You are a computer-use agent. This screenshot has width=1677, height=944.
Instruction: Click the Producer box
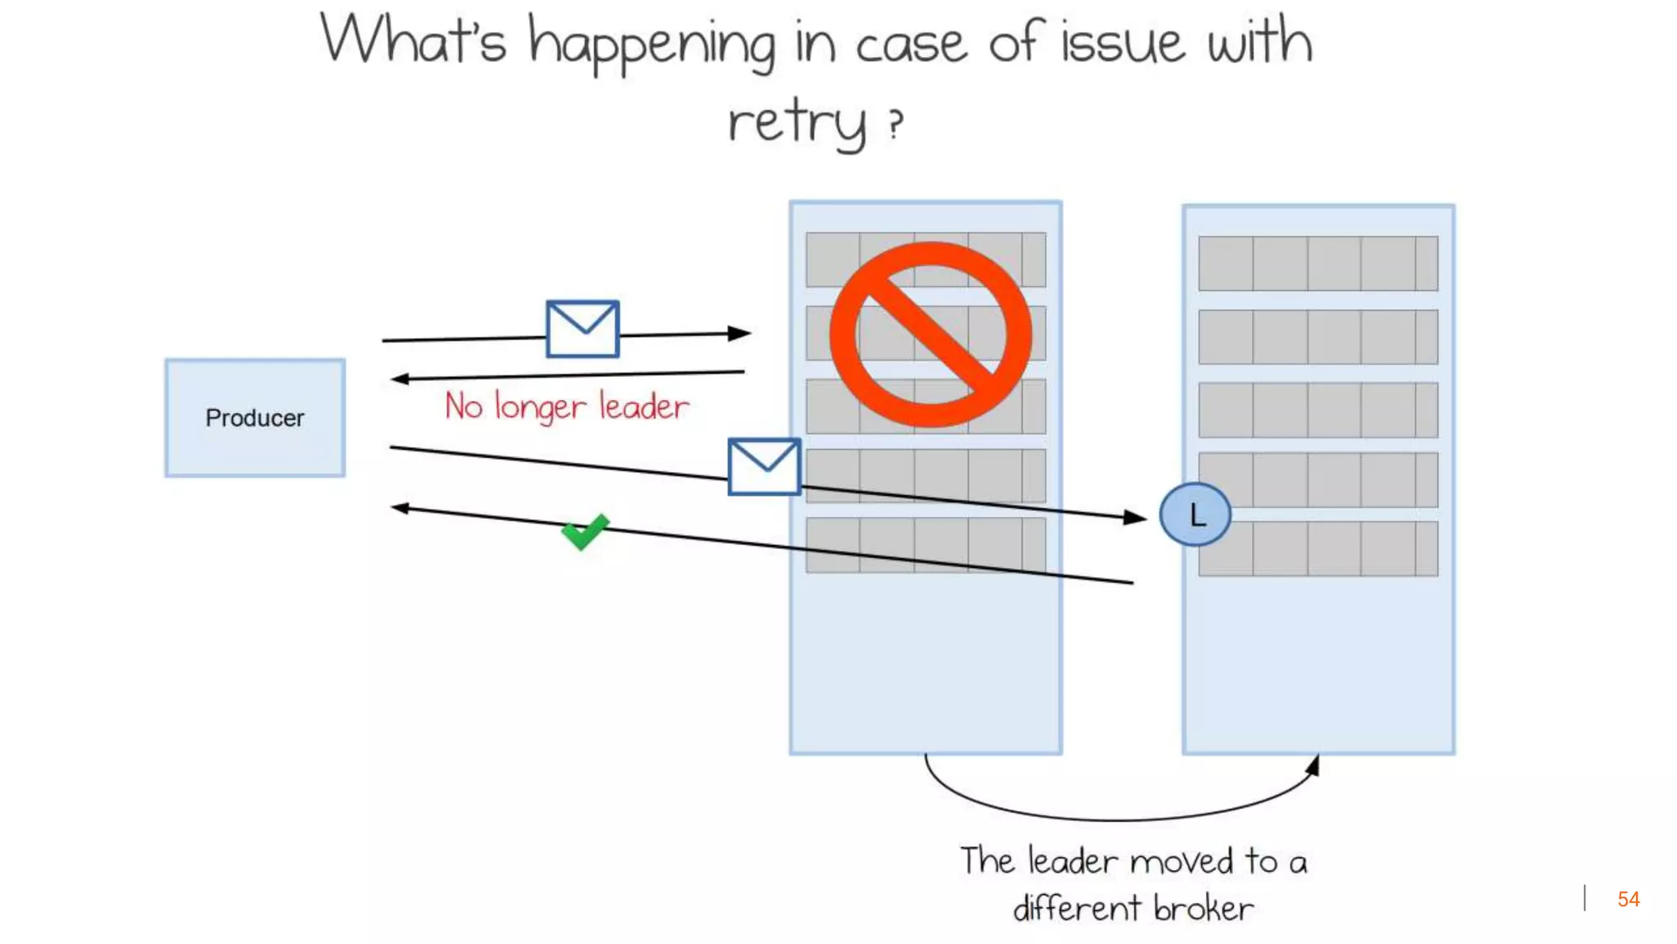point(255,418)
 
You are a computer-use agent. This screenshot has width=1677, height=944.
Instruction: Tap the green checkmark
point(585,532)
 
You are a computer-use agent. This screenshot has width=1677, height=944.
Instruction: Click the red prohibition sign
point(930,334)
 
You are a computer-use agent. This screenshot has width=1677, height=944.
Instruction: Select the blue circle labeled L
point(1195,515)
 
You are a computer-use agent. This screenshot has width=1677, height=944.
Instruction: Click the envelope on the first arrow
point(582,329)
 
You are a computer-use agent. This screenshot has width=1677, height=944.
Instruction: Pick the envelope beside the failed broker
point(764,466)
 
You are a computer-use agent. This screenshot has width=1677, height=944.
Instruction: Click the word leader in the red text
point(644,406)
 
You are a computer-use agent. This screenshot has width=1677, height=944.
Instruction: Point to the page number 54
point(1628,899)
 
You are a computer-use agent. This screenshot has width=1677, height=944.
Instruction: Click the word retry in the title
point(796,123)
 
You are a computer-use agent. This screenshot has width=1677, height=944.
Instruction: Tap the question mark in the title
point(897,125)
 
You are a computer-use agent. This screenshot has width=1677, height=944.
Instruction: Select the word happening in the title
point(651,44)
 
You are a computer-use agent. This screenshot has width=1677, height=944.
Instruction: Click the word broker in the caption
point(1203,908)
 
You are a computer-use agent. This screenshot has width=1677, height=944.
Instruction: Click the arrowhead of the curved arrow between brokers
point(1313,765)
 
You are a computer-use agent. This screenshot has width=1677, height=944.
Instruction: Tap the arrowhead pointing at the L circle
point(1136,517)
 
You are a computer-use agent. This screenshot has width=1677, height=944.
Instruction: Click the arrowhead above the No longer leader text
point(400,379)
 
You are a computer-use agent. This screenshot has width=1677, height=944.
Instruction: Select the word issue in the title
point(1122,43)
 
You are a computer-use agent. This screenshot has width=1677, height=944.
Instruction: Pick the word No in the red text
point(463,406)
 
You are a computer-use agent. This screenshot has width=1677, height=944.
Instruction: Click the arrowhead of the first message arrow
point(740,333)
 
